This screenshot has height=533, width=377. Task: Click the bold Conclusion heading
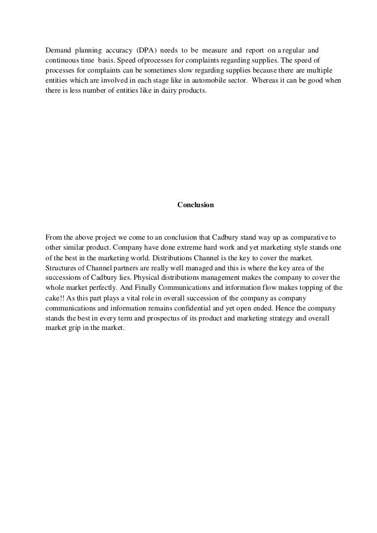(195, 205)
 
